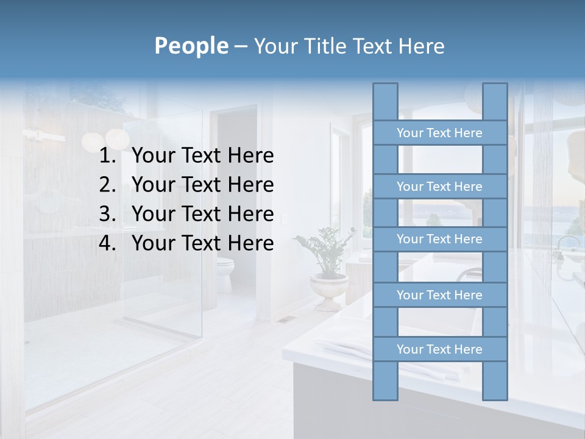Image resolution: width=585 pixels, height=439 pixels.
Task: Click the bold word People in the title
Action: coord(191,46)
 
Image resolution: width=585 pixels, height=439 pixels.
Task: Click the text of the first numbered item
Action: coord(202,156)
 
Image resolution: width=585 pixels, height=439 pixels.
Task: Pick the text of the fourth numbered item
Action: coord(202,243)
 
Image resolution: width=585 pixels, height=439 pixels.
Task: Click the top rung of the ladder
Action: coord(439,133)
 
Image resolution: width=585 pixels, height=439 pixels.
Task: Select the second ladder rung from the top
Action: coord(439,187)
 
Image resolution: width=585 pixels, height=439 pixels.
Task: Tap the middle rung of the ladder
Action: coord(439,240)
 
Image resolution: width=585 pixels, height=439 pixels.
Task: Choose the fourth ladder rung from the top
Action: coord(439,295)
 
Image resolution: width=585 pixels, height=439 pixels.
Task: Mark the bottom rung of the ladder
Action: coord(439,349)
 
